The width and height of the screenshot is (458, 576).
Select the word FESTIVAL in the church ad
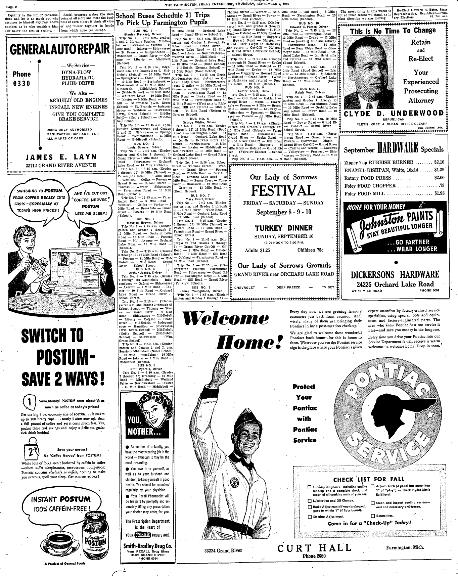point(283,191)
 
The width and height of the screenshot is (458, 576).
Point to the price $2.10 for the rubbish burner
point(439,162)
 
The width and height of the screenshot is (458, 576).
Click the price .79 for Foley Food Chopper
point(442,185)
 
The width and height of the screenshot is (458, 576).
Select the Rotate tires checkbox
point(373,516)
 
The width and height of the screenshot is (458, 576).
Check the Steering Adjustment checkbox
point(310,517)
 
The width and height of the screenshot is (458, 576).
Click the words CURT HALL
point(314,548)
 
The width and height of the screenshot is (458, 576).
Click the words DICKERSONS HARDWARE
point(395,274)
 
